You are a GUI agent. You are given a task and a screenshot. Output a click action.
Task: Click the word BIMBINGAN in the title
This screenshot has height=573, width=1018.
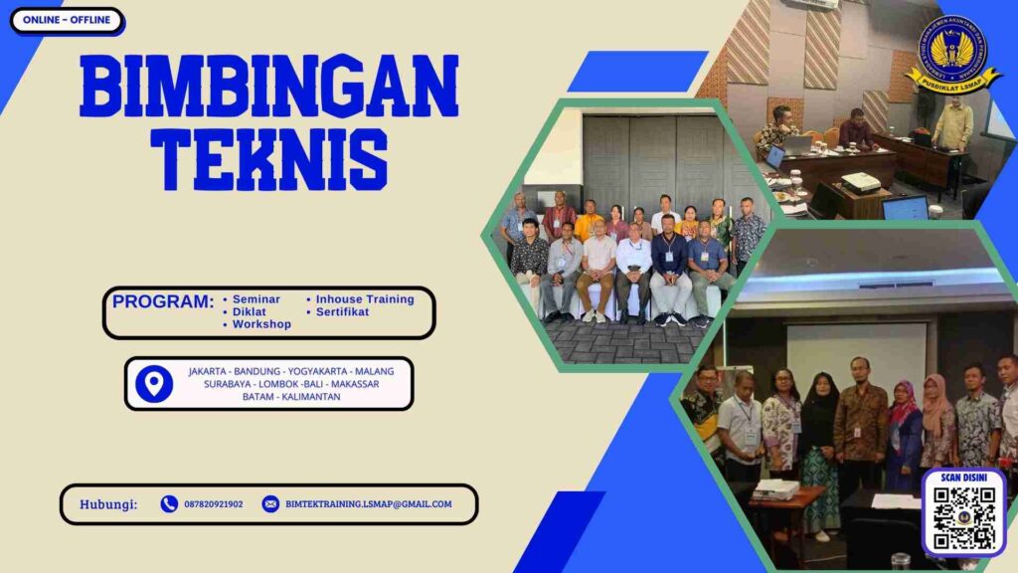[x=268, y=87]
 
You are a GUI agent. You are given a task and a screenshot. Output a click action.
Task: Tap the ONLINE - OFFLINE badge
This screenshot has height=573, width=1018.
[x=67, y=21]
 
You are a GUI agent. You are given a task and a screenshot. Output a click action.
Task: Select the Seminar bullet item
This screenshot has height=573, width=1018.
[x=255, y=299]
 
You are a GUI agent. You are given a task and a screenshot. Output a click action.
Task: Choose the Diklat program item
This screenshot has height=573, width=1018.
[x=249, y=312]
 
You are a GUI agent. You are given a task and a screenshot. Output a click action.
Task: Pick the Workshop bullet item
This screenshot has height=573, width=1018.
[x=261, y=325]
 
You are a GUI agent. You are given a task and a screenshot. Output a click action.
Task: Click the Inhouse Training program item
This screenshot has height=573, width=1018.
[x=365, y=299]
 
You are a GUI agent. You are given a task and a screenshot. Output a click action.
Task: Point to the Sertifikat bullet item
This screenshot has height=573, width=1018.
[x=342, y=312]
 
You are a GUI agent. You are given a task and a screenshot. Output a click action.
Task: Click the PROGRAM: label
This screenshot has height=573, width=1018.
[x=163, y=301]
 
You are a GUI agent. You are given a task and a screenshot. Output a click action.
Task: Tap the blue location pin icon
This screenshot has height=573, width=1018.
[x=153, y=384]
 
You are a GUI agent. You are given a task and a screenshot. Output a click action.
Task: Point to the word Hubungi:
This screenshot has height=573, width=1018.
[x=108, y=504]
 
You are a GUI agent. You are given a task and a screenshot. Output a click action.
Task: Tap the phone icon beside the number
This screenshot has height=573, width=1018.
[x=169, y=504]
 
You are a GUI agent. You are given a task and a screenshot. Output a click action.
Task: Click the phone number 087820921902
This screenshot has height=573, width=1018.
[x=213, y=504]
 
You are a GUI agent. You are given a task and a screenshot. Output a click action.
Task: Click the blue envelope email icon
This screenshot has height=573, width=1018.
[x=270, y=504]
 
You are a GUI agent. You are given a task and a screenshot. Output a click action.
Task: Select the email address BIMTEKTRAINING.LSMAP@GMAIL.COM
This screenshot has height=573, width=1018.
[x=368, y=504]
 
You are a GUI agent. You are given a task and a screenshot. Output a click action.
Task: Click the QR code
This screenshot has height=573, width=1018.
[x=963, y=519]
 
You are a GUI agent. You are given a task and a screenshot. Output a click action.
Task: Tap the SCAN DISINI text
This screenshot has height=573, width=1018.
[x=963, y=477]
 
